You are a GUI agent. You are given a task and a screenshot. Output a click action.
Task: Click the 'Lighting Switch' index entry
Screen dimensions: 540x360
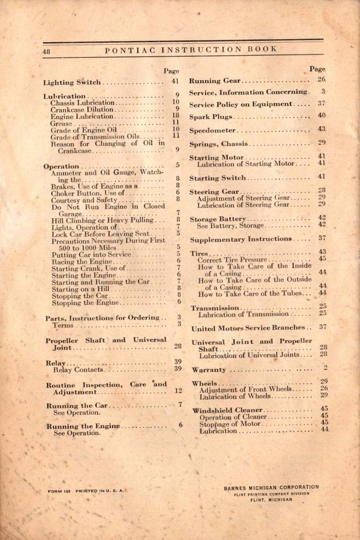pos(72,82)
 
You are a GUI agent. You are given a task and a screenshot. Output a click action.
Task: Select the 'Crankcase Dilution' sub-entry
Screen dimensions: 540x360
pos(82,110)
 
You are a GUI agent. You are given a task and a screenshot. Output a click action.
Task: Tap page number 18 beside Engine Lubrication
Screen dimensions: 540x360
pos(175,115)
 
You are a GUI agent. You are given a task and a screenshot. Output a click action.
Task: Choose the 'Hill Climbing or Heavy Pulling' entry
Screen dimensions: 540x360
pos(102,220)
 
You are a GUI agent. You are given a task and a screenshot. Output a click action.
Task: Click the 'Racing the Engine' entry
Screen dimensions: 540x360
pos(86,262)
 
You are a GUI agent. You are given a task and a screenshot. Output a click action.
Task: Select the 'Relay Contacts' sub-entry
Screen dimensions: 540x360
pos(78,370)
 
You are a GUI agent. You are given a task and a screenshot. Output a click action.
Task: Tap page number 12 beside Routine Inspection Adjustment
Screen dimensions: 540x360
pos(178,390)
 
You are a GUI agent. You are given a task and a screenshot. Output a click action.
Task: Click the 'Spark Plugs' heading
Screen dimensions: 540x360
pos(211,117)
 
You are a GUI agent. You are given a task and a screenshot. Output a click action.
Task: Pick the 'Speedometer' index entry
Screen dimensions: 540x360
pos(212,131)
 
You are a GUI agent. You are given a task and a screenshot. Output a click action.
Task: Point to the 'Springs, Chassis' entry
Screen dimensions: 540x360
pos(218,144)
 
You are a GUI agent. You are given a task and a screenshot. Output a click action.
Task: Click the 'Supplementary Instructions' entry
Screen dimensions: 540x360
pos(241,239)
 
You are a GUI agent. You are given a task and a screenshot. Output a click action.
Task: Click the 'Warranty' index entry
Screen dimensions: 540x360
pos(209,370)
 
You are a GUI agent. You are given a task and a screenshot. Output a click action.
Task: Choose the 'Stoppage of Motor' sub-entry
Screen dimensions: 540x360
pos(230,424)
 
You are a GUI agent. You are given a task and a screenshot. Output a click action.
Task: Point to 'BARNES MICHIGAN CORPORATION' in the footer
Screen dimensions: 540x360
pos(271,487)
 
